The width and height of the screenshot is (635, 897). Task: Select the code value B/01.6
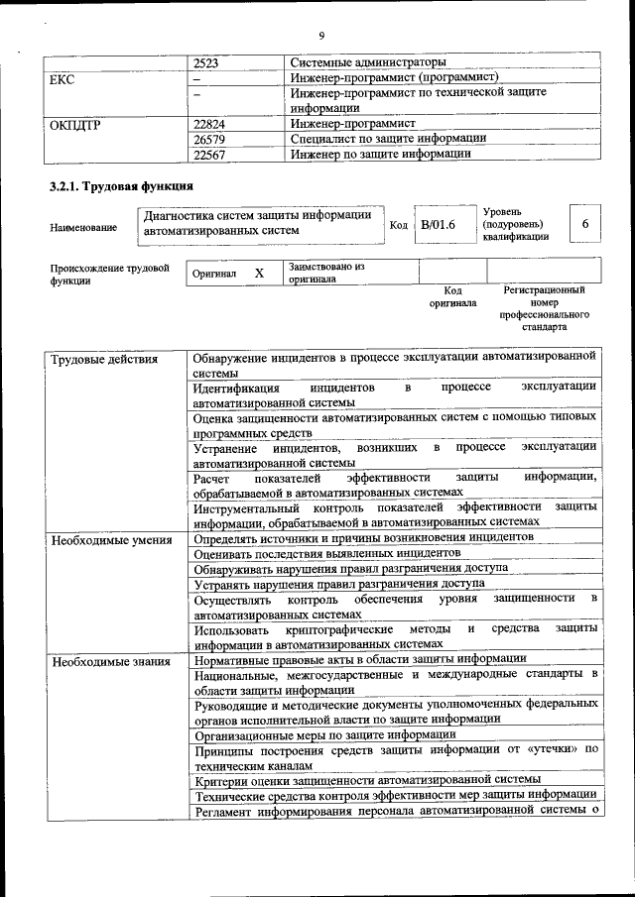tap(438, 226)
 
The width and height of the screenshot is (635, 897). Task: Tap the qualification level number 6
tap(585, 225)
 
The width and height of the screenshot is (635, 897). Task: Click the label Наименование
tap(82, 228)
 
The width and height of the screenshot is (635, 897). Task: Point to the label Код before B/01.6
tap(399, 226)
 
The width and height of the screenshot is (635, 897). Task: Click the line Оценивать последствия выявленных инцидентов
tap(327, 552)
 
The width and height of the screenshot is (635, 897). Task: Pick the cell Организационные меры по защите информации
tap(325, 734)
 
